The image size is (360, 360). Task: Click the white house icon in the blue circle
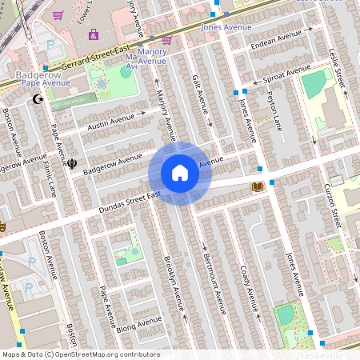[x=180, y=173]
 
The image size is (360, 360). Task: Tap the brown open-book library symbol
[x=258, y=187]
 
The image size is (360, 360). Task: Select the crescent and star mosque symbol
[x=36, y=100]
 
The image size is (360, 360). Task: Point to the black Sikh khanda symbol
[x=73, y=163]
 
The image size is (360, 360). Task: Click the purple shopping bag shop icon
[x=94, y=34]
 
